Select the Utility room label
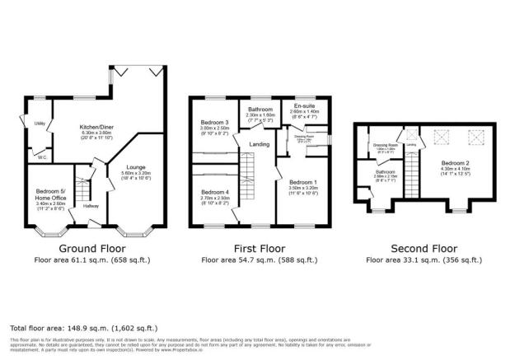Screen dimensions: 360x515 (x=39, y=124)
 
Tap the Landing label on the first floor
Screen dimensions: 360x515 (x=260, y=145)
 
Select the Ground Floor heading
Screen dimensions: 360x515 (x=92, y=248)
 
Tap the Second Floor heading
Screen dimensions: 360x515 (x=423, y=248)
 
